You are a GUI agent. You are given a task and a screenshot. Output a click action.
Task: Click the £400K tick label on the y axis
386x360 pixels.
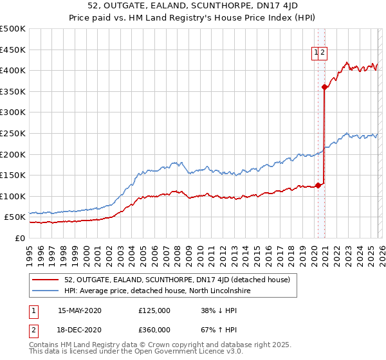[x=13, y=70]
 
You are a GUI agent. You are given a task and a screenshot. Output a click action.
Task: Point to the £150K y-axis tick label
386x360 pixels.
[x=13, y=175]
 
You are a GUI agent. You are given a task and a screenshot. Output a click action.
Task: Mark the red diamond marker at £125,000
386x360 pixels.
[x=317, y=186]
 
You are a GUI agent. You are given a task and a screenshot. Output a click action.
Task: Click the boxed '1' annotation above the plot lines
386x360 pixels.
[x=317, y=54]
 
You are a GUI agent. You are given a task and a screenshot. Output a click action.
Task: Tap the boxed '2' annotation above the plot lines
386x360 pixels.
[x=324, y=54]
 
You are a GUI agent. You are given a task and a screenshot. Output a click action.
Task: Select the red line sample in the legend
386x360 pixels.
[x=46, y=280]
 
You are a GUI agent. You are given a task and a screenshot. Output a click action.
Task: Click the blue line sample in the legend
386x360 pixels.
[x=46, y=291]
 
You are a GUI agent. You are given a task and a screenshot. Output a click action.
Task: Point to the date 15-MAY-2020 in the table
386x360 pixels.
[x=80, y=310]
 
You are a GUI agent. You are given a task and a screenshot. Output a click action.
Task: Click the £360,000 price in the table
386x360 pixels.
[x=154, y=329]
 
